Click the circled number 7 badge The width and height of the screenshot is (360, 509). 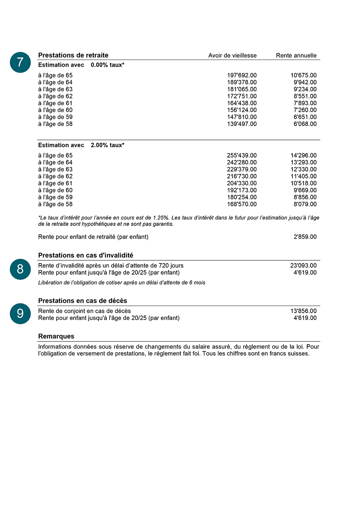20,62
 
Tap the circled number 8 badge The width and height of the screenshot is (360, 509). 20,269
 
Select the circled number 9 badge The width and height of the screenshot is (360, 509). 20,313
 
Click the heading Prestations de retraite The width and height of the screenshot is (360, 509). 73,55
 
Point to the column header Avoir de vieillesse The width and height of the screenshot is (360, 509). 232,56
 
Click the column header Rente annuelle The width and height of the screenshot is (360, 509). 296,56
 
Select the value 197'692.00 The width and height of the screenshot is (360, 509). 242,75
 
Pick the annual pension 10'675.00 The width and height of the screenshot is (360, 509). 303,75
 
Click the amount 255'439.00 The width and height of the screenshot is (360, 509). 242,156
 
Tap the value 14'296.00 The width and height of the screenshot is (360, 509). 303,156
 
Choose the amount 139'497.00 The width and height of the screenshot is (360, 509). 242,124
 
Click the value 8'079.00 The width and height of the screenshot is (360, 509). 305,204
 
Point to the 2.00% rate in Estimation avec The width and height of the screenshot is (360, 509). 99,145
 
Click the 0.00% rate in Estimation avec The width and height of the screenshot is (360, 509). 99,65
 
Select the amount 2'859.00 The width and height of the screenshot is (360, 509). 305,237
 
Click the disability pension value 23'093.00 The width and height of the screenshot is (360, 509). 303,265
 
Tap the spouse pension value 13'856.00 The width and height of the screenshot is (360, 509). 303,311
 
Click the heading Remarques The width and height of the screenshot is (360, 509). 56,337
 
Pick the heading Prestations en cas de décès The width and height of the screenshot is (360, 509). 82,301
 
